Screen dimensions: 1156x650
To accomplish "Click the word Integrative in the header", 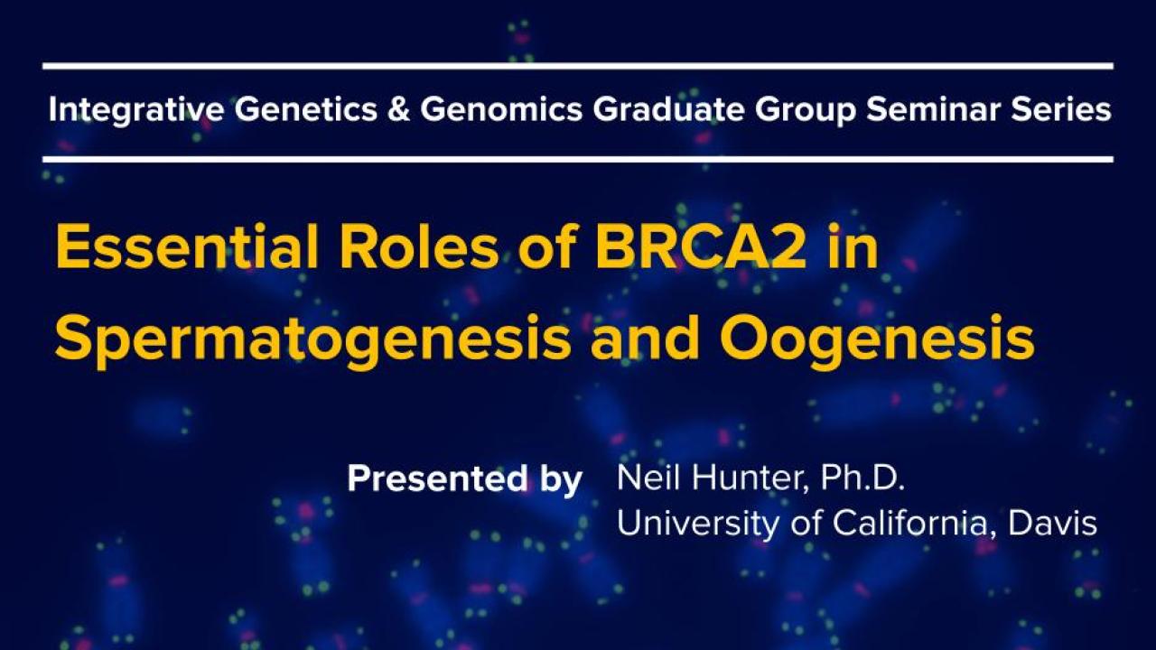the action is [x=136, y=110].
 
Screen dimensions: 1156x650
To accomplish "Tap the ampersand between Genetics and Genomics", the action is [x=398, y=110].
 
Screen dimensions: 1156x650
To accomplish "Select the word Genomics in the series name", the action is [x=501, y=110].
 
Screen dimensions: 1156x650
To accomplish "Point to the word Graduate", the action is [x=668, y=110].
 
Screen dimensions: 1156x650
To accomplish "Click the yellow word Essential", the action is [x=187, y=246].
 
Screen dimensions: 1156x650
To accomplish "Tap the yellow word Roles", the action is [x=419, y=246].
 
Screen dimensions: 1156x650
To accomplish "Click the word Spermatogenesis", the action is [x=312, y=339].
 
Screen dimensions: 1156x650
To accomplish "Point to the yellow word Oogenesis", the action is [x=877, y=339].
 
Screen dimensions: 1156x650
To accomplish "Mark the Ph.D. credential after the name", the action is [x=862, y=478].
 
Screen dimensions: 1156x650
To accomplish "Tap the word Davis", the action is [x=1053, y=523].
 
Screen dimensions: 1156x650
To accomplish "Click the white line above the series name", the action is [x=578, y=66].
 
